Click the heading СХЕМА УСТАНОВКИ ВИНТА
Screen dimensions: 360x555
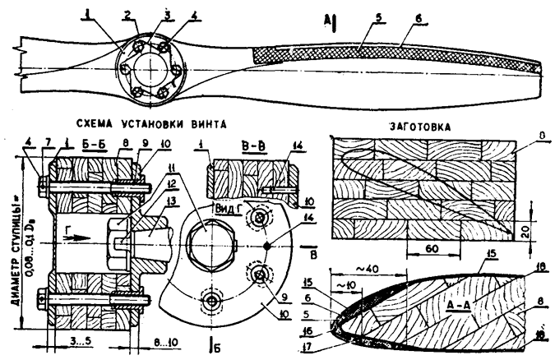pyautogui.click(x=153, y=122)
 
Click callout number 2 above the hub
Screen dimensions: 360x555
pyautogui.click(x=127, y=14)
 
